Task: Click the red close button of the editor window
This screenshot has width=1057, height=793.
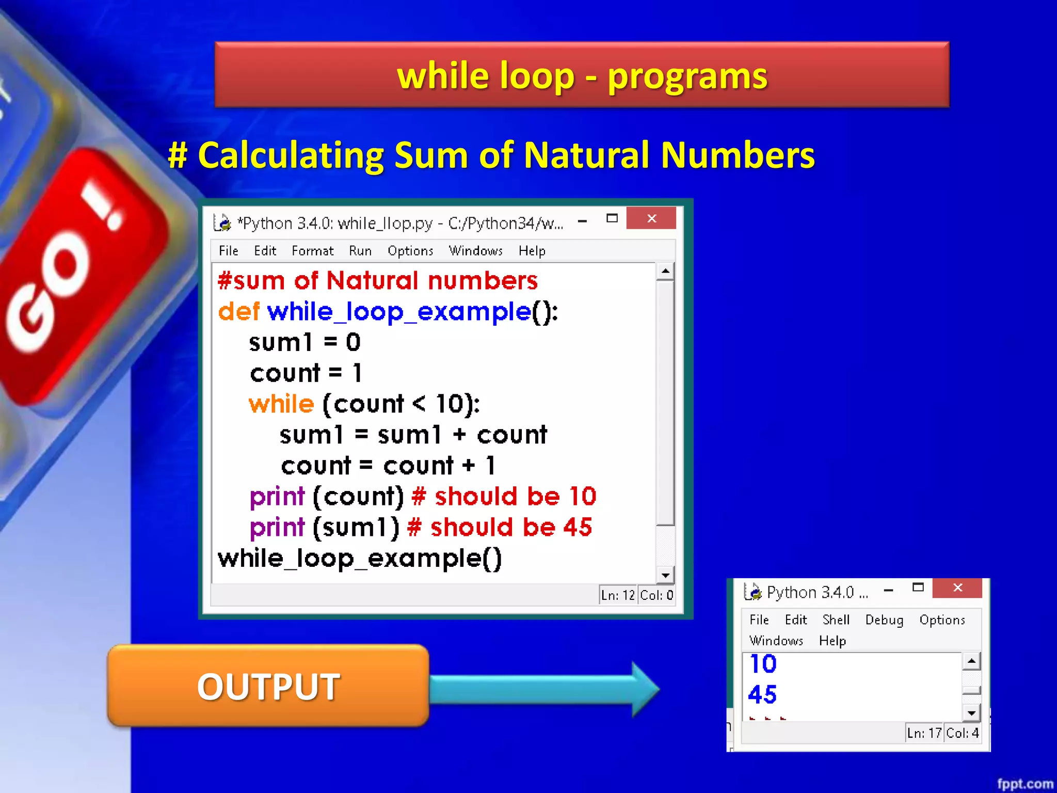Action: click(x=651, y=218)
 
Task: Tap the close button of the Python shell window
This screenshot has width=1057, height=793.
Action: click(x=957, y=588)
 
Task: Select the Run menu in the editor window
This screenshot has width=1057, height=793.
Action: click(x=360, y=251)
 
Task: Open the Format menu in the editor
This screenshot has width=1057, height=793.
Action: click(x=312, y=251)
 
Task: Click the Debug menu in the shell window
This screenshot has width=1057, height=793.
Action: click(x=884, y=620)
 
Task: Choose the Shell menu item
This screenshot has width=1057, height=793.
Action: click(x=836, y=620)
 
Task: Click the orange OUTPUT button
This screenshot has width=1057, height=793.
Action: click(x=268, y=686)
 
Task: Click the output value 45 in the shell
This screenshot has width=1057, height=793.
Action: click(x=762, y=694)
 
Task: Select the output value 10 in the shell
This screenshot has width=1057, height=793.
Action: click(x=763, y=664)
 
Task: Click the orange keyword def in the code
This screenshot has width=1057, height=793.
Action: click(x=238, y=312)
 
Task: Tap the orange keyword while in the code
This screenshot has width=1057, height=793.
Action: click(x=281, y=404)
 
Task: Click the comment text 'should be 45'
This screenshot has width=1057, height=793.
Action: click(x=511, y=528)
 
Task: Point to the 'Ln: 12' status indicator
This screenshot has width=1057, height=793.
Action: click(x=618, y=595)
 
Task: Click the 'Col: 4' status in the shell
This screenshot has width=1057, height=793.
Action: click(x=962, y=733)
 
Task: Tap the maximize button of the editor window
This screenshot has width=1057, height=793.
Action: click(x=612, y=218)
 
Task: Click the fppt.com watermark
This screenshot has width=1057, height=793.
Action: click(x=1024, y=784)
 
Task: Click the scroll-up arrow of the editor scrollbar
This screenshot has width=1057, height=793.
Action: click(x=666, y=271)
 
